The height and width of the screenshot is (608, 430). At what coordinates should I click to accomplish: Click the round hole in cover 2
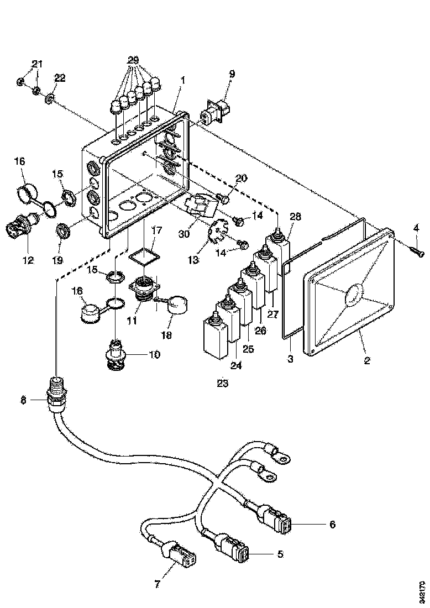coord(353,297)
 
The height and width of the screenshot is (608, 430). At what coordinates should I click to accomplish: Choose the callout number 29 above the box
coord(133,59)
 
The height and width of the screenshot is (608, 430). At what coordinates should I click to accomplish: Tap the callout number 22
coord(60,78)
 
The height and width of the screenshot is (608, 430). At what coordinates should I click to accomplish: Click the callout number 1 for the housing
coord(182,80)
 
